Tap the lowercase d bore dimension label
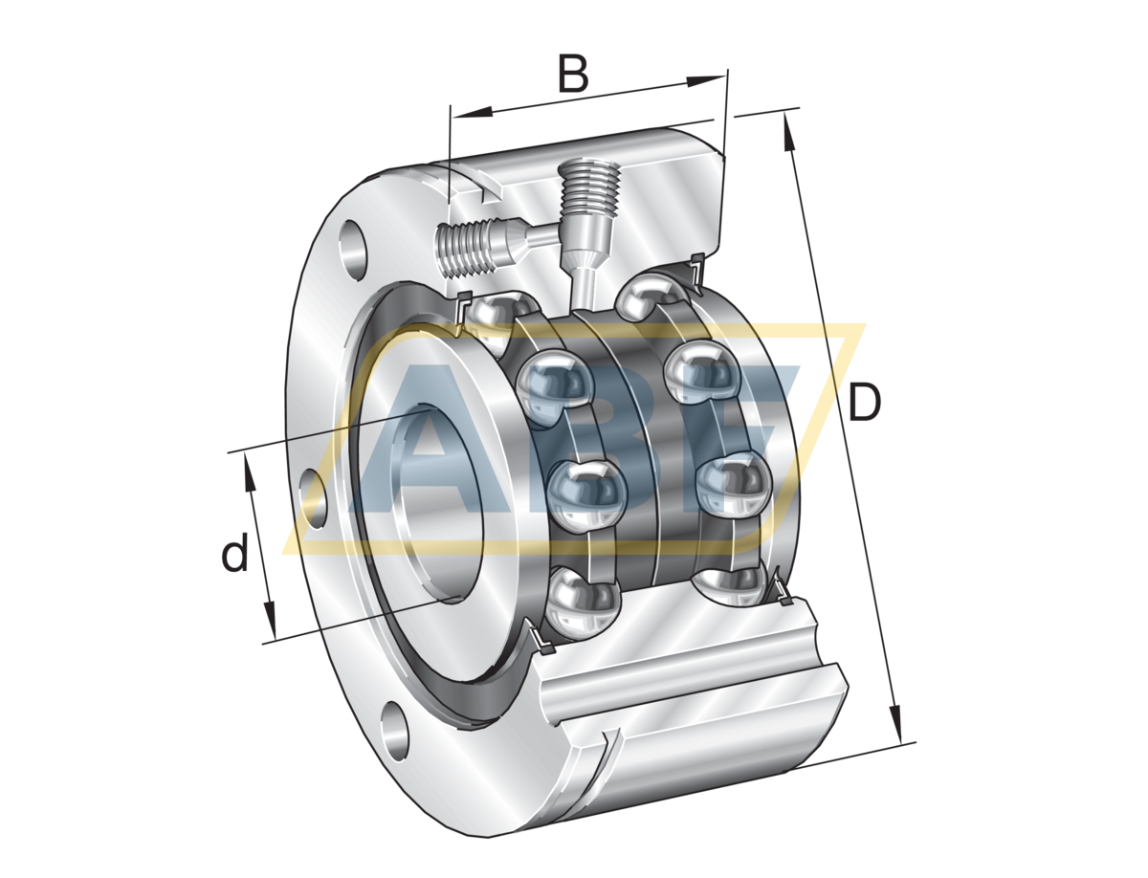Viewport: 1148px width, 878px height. pos(234,554)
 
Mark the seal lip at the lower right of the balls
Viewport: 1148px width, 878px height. pos(781,588)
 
